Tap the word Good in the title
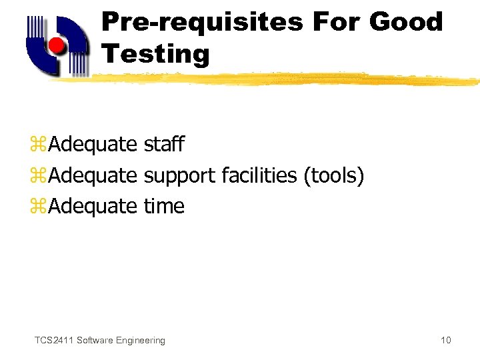[406, 22]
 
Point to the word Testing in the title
[155, 54]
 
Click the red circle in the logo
[58, 46]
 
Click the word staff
[164, 144]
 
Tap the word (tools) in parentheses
[333, 176]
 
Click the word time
[164, 207]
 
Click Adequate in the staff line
[93, 145]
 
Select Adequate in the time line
[93, 207]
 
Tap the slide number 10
[445, 341]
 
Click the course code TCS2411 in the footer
[54, 341]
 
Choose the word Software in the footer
[95, 341]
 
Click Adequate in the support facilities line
[93, 176]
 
